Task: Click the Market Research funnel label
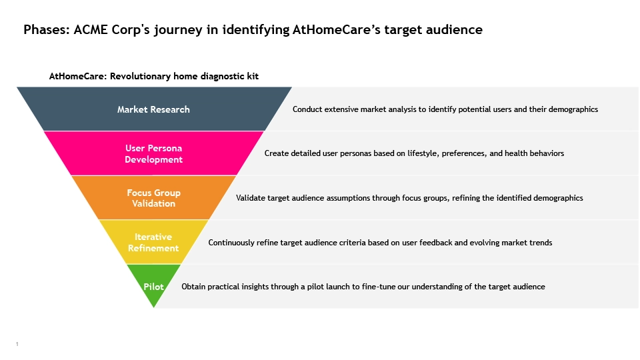click(x=153, y=109)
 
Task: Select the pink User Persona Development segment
click(x=153, y=153)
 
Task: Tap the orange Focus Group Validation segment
click(x=153, y=198)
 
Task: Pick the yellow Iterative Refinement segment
click(x=153, y=242)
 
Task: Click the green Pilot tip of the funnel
click(x=153, y=286)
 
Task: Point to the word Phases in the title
click(x=47, y=30)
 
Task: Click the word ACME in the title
click(x=91, y=30)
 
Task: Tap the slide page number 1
click(x=17, y=344)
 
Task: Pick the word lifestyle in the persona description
click(x=423, y=153)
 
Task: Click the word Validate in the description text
click(x=250, y=198)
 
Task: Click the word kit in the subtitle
click(x=253, y=76)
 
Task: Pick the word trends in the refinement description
click(x=541, y=243)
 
